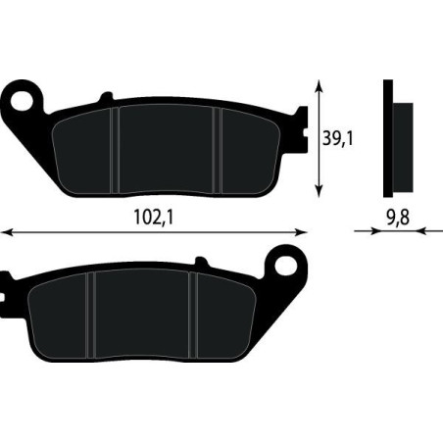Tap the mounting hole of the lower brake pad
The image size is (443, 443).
click(x=285, y=266)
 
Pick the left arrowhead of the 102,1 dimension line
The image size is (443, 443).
click(x=8, y=232)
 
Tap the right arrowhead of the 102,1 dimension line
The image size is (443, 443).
click(x=302, y=232)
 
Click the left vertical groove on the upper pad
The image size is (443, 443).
click(x=116, y=147)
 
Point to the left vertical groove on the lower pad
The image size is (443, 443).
click(x=89, y=314)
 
